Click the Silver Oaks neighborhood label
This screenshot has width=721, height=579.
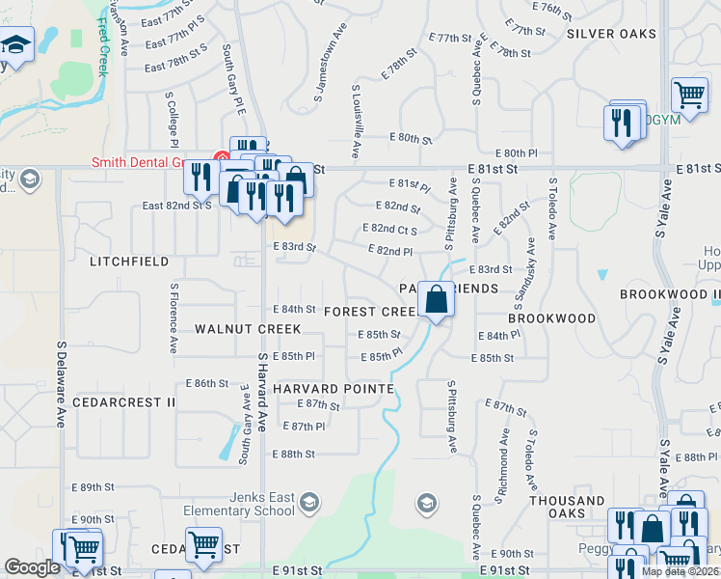(x=611, y=34)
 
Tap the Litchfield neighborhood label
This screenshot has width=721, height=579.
(x=129, y=262)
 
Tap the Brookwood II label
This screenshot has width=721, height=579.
(x=670, y=293)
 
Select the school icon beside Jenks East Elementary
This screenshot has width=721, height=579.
(x=309, y=502)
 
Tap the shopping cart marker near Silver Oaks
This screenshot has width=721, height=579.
(x=689, y=95)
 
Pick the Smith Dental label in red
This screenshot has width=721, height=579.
(x=149, y=162)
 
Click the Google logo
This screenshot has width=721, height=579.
(x=32, y=567)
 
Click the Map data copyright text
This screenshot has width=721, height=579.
(x=680, y=571)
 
